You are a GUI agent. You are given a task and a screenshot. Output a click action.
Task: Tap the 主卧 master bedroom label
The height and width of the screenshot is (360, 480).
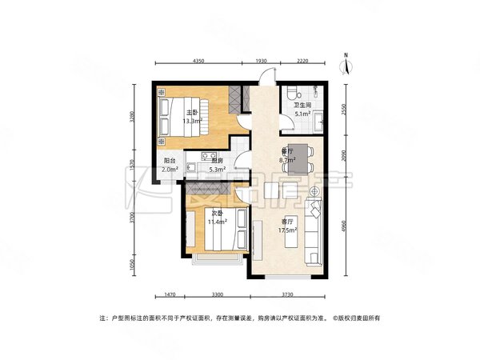[x=193, y=113]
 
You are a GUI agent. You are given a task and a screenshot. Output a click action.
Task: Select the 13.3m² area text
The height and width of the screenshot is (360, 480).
[x=193, y=122]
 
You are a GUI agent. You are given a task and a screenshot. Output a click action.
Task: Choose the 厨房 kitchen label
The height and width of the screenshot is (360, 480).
[x=216, y=160]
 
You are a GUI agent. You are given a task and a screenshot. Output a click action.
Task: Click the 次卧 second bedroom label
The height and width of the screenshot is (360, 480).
[x=217, y=213]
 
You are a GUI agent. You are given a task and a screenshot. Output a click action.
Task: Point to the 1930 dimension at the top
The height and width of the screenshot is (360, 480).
[x=261, y=62]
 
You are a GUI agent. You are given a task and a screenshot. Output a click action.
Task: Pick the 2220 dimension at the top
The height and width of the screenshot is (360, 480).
[x=302, y=62]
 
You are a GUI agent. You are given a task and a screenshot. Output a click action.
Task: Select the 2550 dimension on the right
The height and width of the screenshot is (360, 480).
[x=342, y=108]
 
